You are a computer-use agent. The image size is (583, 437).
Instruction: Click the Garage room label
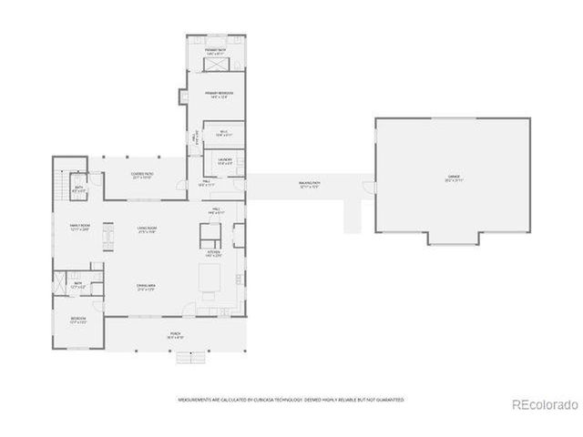[x=453, y=177]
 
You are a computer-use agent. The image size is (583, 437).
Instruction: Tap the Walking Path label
[x=310, y=185]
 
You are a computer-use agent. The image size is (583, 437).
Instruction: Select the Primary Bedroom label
[x=219, y=95]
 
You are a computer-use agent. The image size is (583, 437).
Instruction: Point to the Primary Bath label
[x=215, y=52]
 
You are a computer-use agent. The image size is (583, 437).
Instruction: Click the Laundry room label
[x=225, y=161]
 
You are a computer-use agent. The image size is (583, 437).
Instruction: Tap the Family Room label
[x=79, y=228]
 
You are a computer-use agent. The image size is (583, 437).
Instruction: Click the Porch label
[x=176, y=336]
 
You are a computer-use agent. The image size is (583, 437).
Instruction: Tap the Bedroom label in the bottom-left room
[x=78, y=320]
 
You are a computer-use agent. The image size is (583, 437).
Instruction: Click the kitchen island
[x=210, y=277]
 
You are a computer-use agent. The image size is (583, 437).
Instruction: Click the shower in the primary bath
[x=216, y=65]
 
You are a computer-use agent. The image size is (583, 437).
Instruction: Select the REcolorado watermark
[x=544, y=404]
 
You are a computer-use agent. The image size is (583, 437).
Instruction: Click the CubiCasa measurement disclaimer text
[x=291, y=399]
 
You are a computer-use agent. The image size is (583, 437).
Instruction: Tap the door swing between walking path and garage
[x=368, y=188]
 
